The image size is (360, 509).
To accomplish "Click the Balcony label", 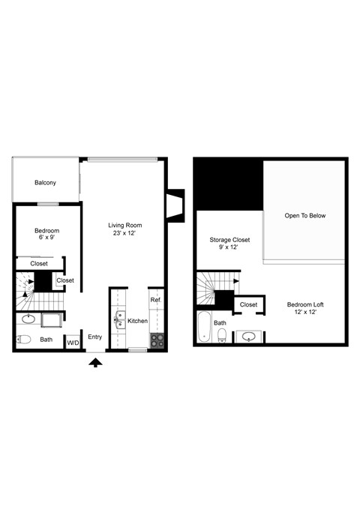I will (x=45, y=183).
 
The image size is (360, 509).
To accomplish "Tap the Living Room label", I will (x=124, y=225).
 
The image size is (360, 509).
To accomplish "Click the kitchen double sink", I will (x=118, y=321).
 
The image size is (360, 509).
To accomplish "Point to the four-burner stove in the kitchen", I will (x=157, y=340).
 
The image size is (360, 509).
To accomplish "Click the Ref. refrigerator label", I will (x=155, y=300).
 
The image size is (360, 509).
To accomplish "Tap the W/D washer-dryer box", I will (x=73, y=343).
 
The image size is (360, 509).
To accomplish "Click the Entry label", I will (x=95, y=337).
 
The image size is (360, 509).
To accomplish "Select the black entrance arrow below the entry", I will (x=96, y=363).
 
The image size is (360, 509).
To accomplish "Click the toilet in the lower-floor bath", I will (x=23, y=340).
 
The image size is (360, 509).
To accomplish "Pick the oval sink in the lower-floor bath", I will (x=28, y=319).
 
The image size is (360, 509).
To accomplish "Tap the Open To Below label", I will (x=304, y=216).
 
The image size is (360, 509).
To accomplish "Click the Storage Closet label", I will (x=229, y=240).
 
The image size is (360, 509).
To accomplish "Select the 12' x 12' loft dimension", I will (x=304, y=313).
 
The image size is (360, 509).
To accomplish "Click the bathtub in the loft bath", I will (x=203, y=326).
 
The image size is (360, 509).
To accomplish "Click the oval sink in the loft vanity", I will (x=247, y=337).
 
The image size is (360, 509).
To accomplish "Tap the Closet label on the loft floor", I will (x=248, y=305).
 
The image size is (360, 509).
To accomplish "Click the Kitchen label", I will (x=137, y=321).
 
